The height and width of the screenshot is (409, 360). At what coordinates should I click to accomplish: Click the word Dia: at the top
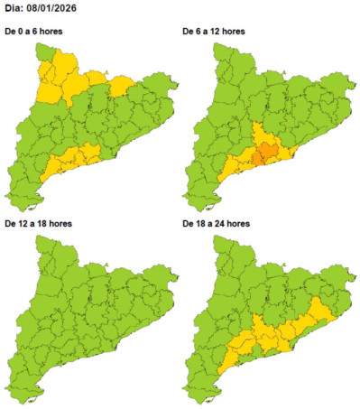pyautogui.click(x=18, y=10)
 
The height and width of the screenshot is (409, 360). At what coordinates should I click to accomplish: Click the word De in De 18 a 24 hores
pyautogui.click(x=188, y=222)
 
